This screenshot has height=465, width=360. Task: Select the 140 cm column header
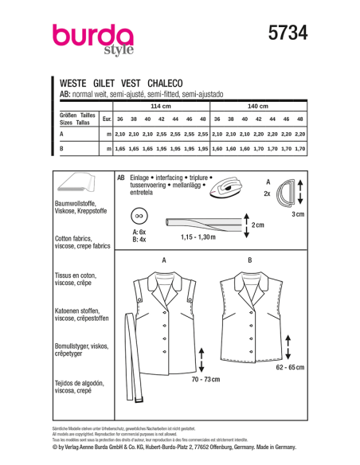click(258, 106)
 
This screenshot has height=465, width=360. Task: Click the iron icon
click(248, 188)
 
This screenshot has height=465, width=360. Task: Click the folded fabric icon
click(80, 185)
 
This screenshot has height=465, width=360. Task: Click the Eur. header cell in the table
click(106, 119)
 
